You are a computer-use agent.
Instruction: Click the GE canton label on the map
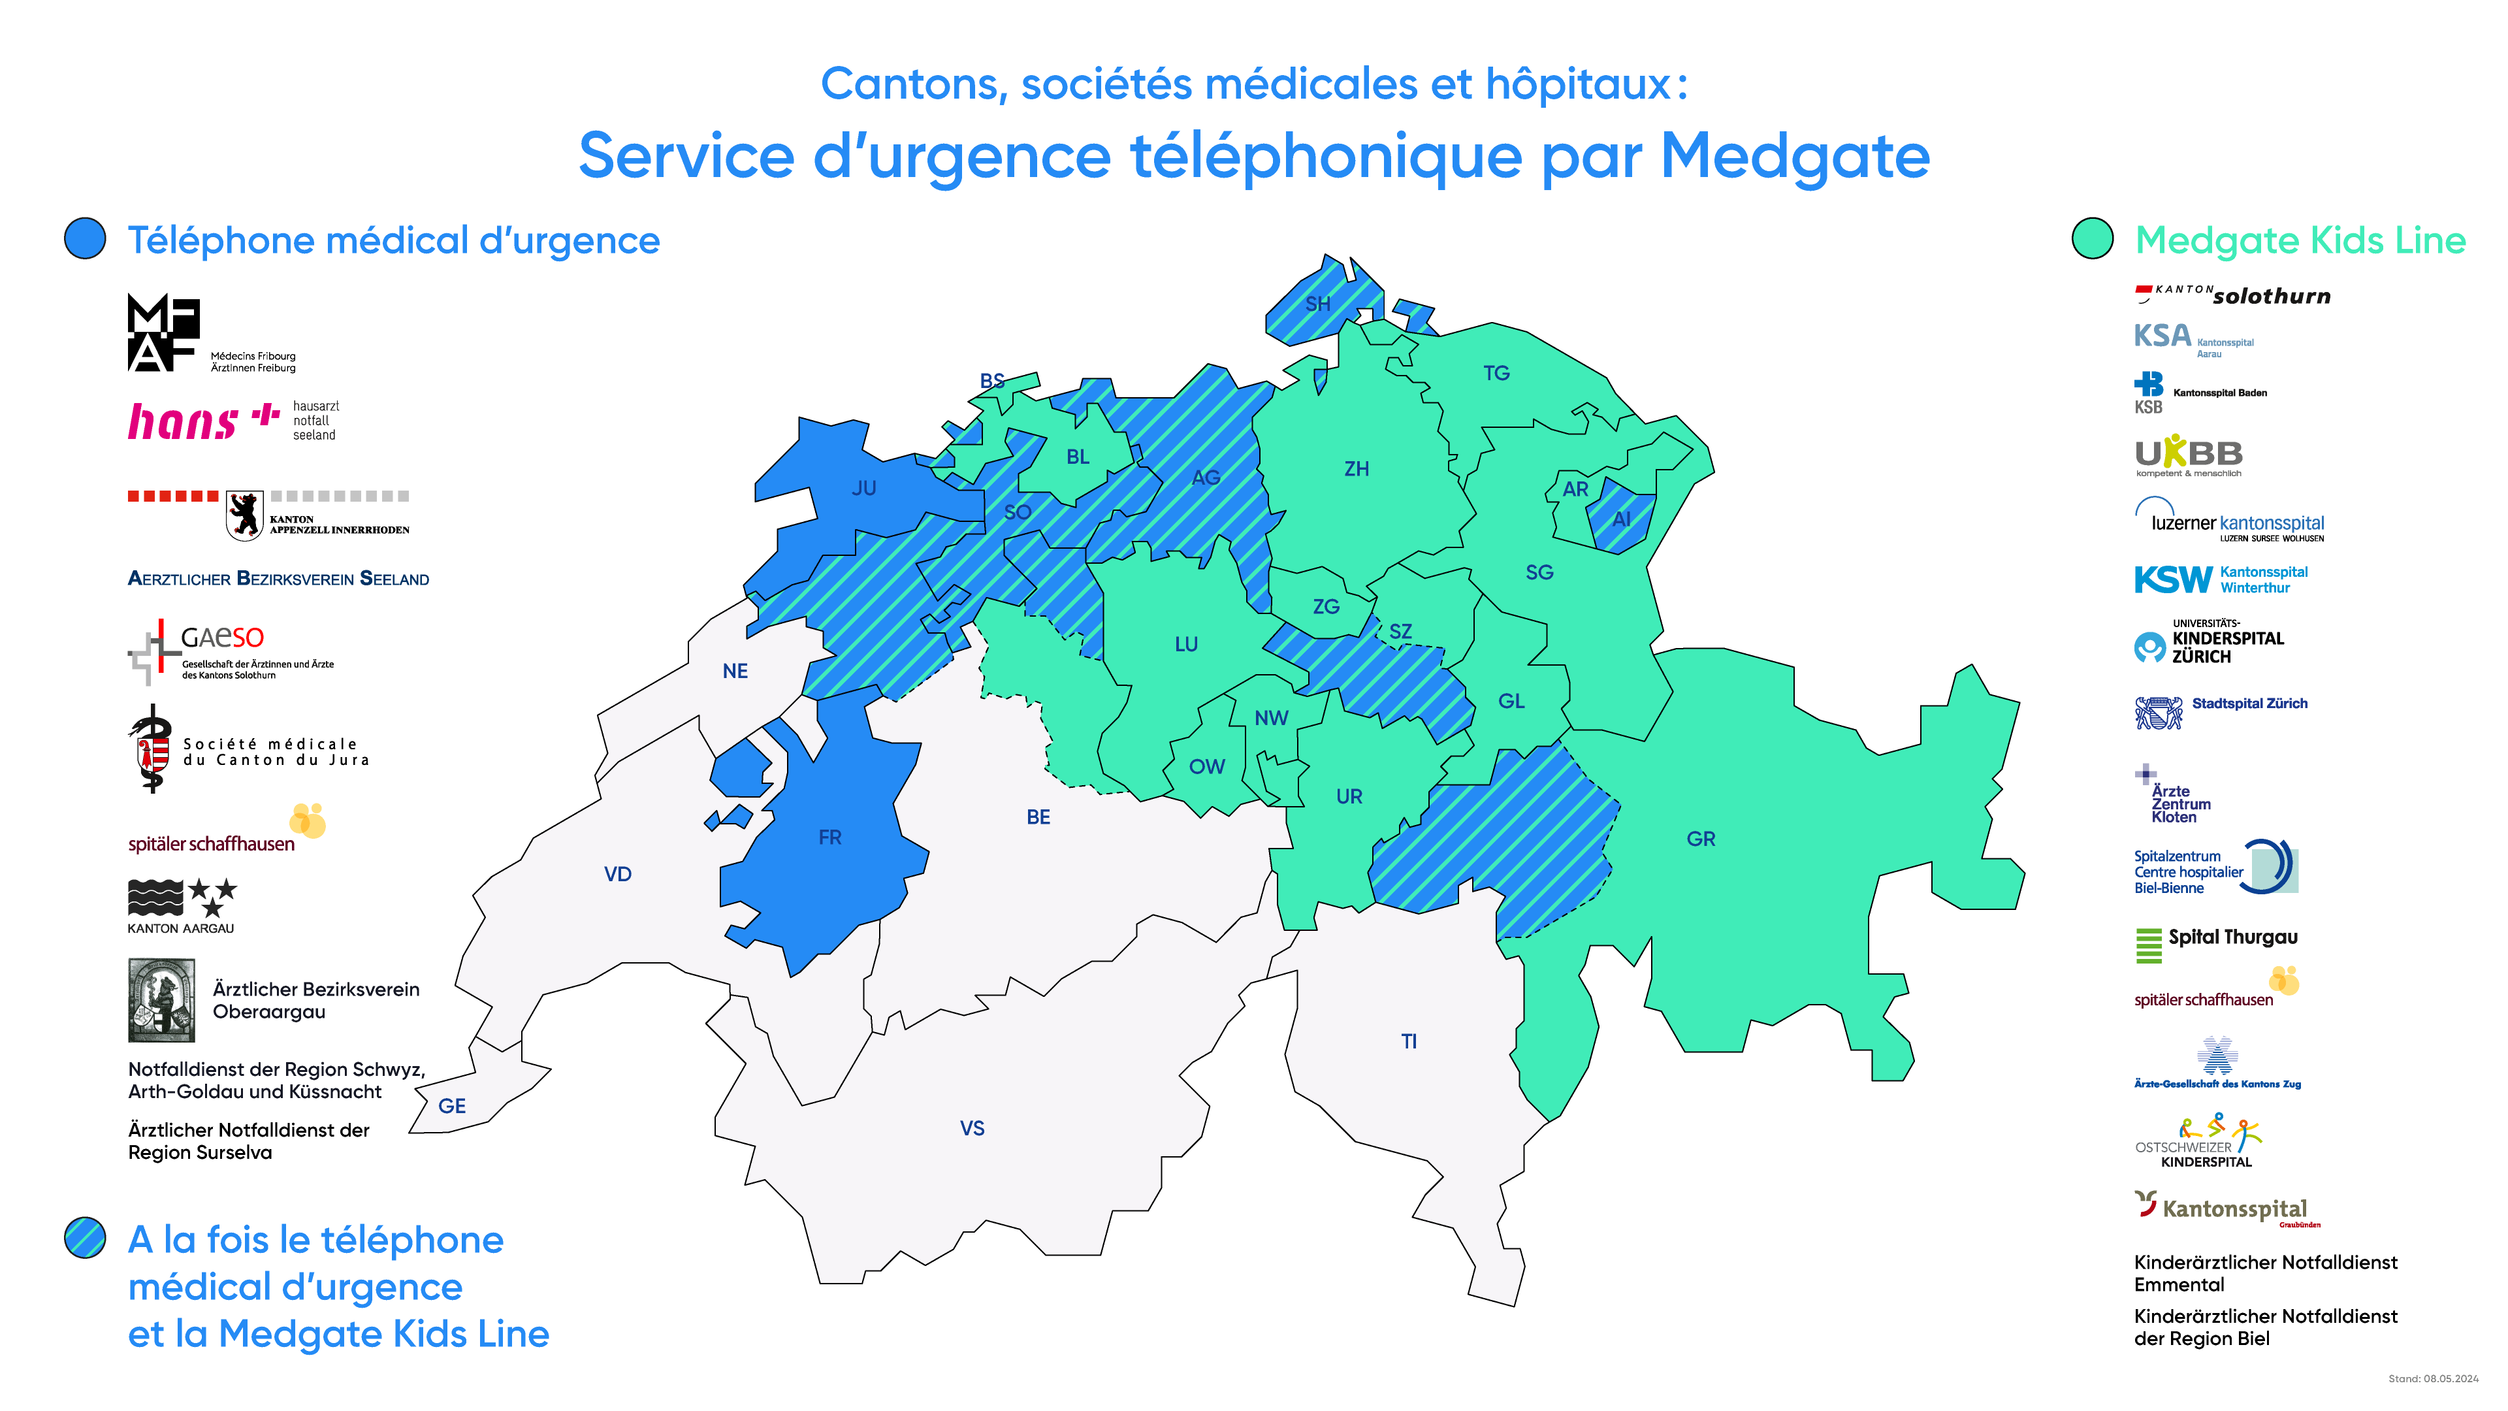(452, 1106)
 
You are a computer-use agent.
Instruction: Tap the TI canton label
(1409, 1042)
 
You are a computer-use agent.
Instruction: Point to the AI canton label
(1621, 520)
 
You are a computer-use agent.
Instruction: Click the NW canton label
(1270, 719)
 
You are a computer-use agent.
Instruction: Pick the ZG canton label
(1326, 607)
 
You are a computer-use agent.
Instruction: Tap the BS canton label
(992, 381)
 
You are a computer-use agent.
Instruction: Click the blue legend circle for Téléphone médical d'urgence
(86, 238)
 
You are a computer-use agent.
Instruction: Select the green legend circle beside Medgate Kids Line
(2092, 238)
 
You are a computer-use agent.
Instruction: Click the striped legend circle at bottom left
(86, 1238)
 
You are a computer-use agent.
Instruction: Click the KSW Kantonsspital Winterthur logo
(2220, 579)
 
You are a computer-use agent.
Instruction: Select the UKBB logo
(2188, 456)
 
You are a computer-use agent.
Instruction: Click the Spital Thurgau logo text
(2232, 937)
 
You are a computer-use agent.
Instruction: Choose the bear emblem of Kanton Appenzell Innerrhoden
(244, 514)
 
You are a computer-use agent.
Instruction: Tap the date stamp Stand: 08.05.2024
(2432, 1379)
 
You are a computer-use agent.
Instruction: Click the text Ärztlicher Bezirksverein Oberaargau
(315, 1000)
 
